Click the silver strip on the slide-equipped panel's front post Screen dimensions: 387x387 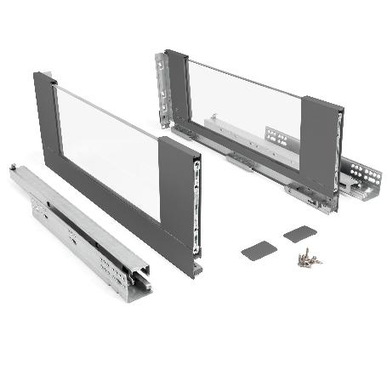click(339, 153)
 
